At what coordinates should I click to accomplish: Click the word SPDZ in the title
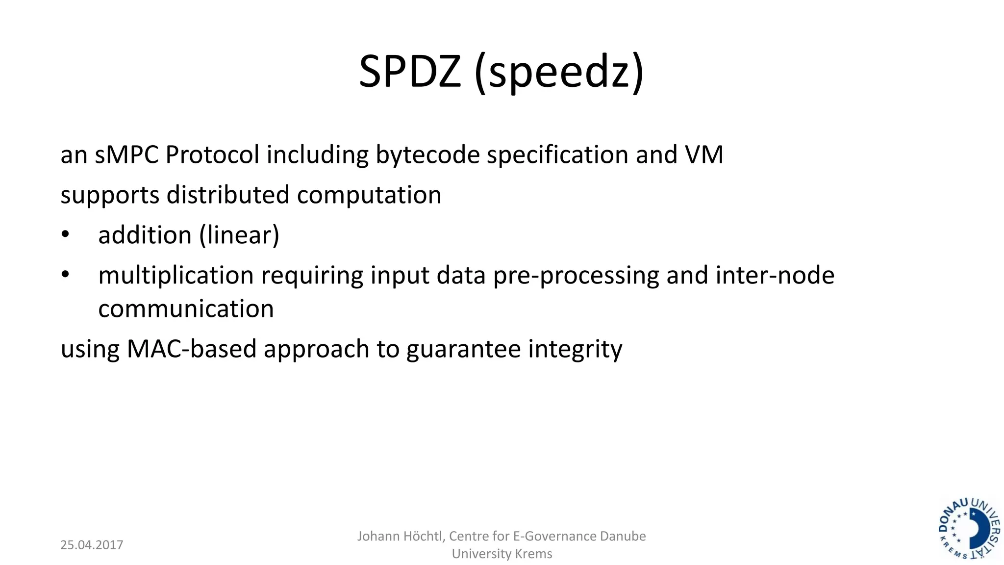pos(410,72)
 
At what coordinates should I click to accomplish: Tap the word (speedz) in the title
pos(559,73)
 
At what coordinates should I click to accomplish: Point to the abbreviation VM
pos(704,154)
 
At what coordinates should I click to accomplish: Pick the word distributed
pos(228,195)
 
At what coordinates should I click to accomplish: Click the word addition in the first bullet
pos(145,235)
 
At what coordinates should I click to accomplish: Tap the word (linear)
pos(239,235)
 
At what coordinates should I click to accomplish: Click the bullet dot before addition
pos(65,234)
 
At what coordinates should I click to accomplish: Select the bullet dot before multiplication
pos(65,275)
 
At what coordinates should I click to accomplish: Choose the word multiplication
pos(176,276)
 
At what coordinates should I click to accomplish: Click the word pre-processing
pos(576,276)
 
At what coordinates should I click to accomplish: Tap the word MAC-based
pos(191,349)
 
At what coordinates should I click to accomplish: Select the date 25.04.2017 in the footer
pos(92,545)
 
